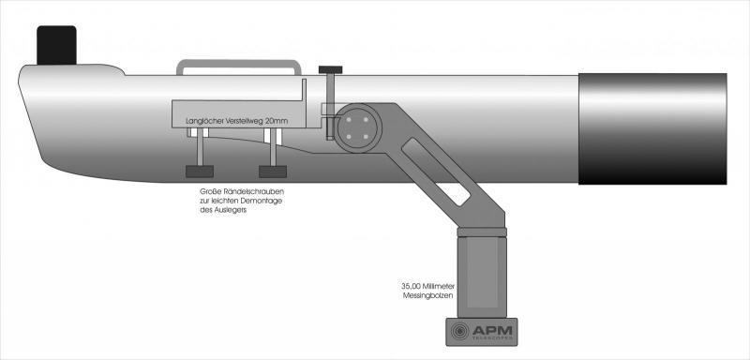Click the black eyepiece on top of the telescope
56,45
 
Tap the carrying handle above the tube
239,62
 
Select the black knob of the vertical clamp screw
331,69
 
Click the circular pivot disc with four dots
358,128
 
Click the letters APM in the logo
492,330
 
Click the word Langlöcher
202,122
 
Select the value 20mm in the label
277,122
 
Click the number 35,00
411,287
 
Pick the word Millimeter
439,287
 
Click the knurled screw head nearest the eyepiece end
200,172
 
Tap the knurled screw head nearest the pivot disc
273,172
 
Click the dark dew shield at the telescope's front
652,128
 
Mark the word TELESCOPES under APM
492,338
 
